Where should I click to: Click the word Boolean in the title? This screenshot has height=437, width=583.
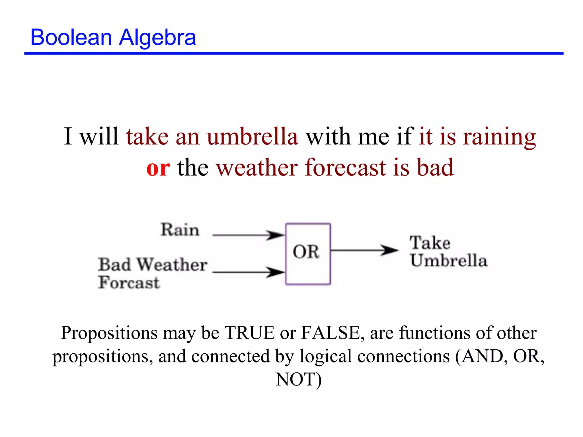71,37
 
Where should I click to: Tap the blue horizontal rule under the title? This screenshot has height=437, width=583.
293,53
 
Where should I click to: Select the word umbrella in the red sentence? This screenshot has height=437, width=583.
253,137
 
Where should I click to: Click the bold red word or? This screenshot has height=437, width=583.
158,168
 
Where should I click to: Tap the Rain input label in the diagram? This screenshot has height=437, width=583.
180,230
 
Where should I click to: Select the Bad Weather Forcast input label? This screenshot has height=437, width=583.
152,273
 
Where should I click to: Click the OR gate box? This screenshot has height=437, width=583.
308,253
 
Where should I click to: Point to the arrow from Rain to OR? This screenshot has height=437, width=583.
248,235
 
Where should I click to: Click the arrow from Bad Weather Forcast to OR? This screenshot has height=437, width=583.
248,272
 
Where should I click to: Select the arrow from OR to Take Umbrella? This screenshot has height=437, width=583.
364,250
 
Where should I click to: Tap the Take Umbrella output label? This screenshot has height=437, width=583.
448,252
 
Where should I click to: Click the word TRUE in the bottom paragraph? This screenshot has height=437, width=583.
249,333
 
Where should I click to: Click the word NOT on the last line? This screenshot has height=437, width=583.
296,379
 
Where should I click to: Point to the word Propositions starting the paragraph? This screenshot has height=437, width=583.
109,333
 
